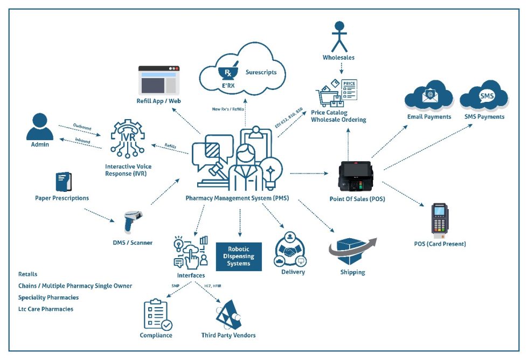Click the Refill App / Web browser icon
tap(158, 80)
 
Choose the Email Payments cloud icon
tap(429, 96)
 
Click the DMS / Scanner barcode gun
tap(132, 221)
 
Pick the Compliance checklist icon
tap(157, 314)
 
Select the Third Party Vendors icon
tap(228, 315)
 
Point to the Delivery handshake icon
tap(292, 250)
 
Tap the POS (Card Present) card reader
tap(439, 220)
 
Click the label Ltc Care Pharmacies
tap(46, 309)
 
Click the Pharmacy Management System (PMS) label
tap(237, 198)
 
